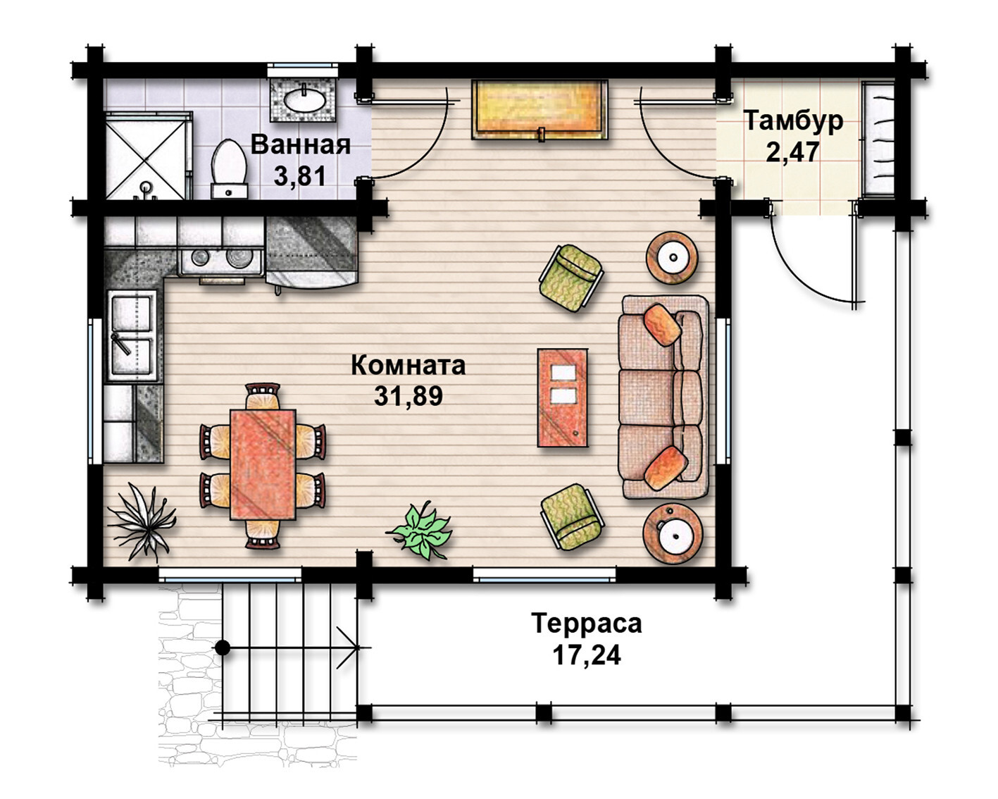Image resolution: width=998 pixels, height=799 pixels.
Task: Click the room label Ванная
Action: point(301,144)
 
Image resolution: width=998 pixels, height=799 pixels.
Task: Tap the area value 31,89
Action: point(408,396)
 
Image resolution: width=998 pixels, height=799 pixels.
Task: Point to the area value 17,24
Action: point(586,656)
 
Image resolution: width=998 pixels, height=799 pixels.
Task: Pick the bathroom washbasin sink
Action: point(304,99)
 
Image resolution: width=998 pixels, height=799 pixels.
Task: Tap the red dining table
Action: point(263,465)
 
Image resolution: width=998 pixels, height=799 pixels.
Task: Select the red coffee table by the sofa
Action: point(563,397)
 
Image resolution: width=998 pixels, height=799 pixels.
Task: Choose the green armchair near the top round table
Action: point(571,278)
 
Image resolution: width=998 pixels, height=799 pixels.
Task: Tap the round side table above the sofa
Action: point(673,257)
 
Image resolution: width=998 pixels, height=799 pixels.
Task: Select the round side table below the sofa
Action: point(673,534)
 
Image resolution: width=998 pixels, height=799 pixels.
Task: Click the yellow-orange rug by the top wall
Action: point(539,109)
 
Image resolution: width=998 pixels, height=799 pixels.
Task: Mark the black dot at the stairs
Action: point(223,648)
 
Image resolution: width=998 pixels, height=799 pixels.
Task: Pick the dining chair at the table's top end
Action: point(263,396)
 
